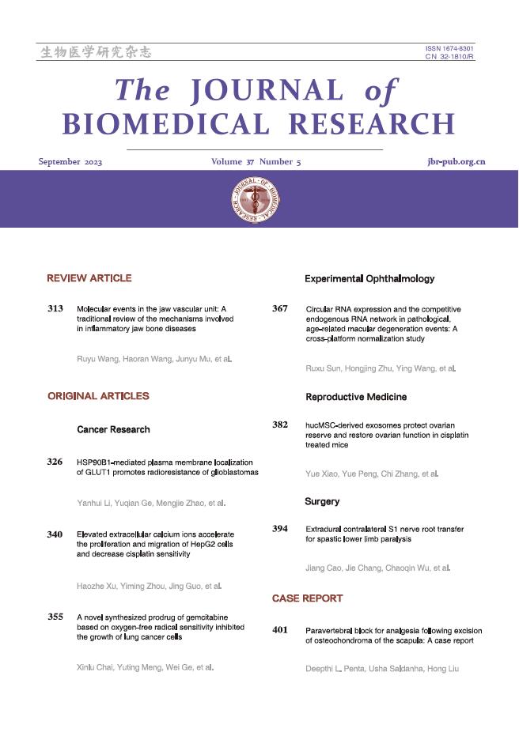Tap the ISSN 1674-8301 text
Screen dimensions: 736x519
click(x=449, y=49)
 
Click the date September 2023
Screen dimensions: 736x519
click(x=70, y=162)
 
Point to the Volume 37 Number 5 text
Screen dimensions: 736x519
click(x=256, y=162)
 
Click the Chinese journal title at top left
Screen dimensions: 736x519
click(x=95, y=53)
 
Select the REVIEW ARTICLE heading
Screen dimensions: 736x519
click(x=89, y=278)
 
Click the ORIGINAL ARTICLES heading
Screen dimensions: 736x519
click(x=98, y=395)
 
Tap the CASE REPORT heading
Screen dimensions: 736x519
click(x=307, y=598)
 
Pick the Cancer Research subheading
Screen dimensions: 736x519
click(x=113, y=429)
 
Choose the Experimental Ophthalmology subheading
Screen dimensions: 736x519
click(x=369, y=279)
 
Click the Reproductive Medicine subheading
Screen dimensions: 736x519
click(x=356, y=397)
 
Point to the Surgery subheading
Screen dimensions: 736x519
click(x=322, y=501)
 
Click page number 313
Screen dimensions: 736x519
click(x=55, y=308)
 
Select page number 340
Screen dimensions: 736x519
click(x=55, y=535)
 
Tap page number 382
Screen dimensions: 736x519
click(x=280, y=425)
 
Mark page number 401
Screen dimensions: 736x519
click(x=280, y=630)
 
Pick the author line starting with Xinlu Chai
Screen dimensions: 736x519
click(x=145, y=667)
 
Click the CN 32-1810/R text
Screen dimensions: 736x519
click(x=449, y=57)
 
